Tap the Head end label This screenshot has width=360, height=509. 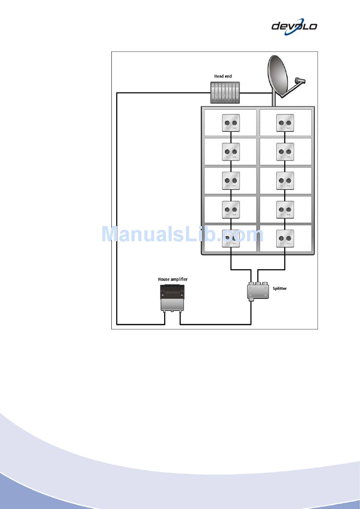pos(223,77)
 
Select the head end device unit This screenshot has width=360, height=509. pos(225,93)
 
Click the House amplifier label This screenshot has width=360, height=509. pos(173,279)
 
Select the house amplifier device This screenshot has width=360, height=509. pos(172,298)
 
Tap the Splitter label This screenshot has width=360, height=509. pos(280,289)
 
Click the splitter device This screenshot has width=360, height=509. pos(258,291)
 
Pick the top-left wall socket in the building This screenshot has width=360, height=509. pos(231,123)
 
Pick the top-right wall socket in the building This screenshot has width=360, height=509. pos(285,123)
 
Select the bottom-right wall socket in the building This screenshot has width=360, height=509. pos(285,239)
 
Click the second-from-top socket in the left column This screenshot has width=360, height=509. pos(231,152)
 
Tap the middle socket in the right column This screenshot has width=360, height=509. pos(285,181)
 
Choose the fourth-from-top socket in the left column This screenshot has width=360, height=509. pos(231,209)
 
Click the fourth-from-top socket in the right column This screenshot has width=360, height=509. pos(285,209)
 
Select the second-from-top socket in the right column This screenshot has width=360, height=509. pos(285,152)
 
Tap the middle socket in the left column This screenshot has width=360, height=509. pos(231,181)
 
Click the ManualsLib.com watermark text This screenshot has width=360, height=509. pos(182,234)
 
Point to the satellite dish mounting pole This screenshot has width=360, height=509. pos(273,99)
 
